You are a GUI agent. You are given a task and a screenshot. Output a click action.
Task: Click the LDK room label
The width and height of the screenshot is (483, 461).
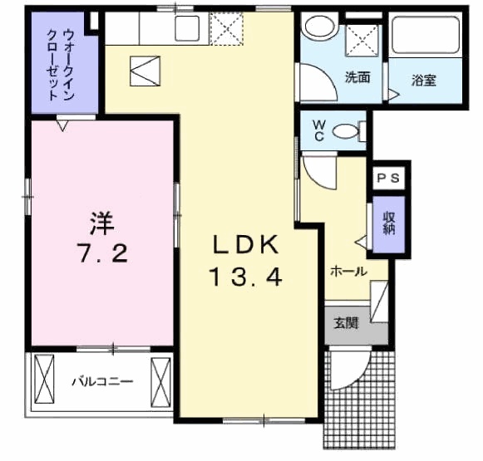248,246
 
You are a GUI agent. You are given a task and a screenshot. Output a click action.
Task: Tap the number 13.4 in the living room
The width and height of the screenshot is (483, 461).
246,277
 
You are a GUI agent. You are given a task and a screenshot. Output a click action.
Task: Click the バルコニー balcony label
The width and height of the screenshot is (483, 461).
101,382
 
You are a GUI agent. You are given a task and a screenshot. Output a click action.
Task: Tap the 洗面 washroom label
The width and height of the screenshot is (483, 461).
357,78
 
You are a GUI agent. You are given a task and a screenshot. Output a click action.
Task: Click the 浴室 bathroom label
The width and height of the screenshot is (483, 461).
423,81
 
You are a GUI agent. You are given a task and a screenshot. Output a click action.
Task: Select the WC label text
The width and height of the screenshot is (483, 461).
318,130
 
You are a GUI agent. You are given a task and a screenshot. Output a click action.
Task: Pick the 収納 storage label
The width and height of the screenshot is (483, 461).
389,223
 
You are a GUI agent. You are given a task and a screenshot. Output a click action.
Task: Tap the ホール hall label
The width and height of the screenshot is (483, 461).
348,271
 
